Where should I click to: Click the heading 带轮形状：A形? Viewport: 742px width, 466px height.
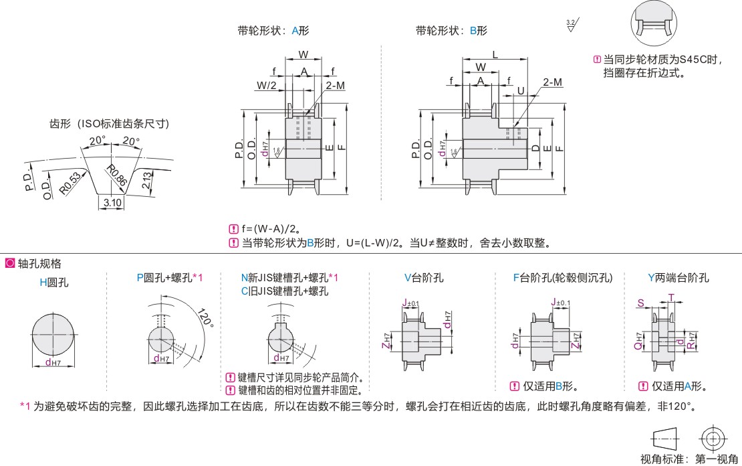pos(273,30)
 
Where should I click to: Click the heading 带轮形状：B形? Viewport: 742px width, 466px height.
pos(451,30)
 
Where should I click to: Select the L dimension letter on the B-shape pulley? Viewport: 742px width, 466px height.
pos(495,54)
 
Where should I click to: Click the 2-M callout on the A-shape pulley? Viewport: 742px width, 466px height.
pos(336,85)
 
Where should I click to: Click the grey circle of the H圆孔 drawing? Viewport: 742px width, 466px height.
pos(53,333)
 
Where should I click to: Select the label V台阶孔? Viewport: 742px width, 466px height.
pos(424,278)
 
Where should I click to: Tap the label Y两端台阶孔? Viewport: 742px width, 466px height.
pos(678,278)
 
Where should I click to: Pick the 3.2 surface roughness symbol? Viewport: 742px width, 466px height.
pos(572,26)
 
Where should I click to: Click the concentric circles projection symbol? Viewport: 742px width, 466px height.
pos(712,439)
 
